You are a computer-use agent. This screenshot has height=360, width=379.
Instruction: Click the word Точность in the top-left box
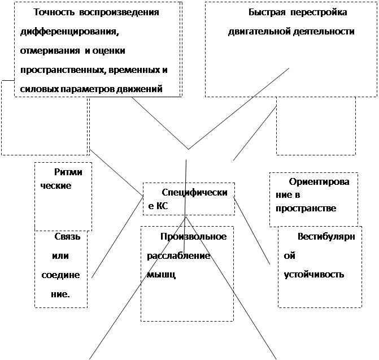coord(54,12)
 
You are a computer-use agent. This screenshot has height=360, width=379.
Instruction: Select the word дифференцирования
coord(69,32)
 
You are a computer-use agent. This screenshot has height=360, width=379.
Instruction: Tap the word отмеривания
coord(50,51)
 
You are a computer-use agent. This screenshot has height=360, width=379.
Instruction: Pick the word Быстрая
coord(267,12)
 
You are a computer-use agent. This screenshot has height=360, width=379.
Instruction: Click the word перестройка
coord(319,12)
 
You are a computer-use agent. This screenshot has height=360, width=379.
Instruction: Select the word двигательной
coord(259,32)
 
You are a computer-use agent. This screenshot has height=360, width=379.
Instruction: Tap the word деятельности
coord(324,32)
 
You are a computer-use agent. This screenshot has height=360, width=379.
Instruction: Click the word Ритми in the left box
coord(68,172)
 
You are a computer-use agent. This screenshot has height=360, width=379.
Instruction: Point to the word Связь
coord(67,236)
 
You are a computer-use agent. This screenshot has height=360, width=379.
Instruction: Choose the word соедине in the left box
coord(60,275)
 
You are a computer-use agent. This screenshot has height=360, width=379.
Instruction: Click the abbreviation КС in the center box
coord(162,206)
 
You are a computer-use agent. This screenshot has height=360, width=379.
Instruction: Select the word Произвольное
coord(193,236)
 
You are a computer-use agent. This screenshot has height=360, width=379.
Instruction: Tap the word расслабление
coord(178,255)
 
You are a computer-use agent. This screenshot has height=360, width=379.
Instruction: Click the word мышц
coord(161,275)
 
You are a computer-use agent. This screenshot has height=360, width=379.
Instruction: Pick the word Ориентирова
coord(319,182)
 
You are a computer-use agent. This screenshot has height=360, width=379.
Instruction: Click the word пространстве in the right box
coord(306,209)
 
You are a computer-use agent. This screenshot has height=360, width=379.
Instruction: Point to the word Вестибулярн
coord(326,236)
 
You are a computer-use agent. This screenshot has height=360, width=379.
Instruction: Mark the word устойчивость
coord(313,275)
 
